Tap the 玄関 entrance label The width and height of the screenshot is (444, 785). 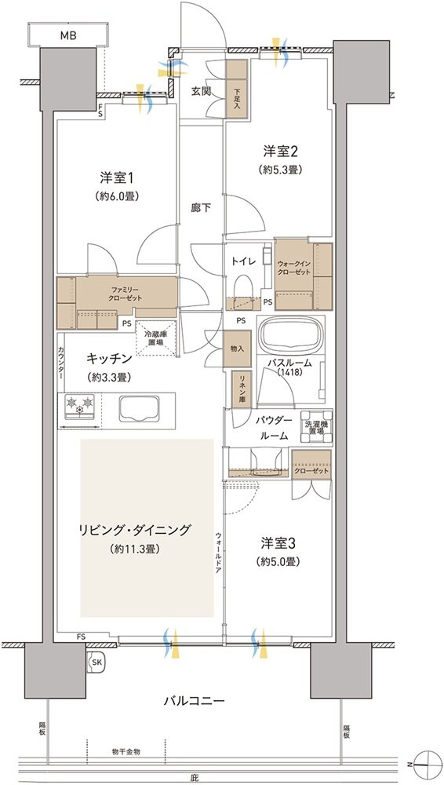pos(201,91)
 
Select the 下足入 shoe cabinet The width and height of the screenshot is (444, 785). pos(237,93)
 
